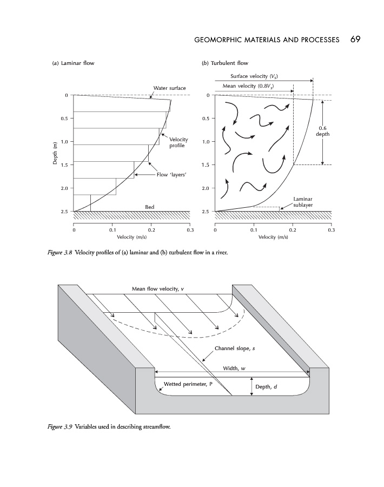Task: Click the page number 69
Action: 355,40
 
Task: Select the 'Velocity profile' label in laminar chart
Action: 178,143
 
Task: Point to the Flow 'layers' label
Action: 171,175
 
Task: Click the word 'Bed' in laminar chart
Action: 150,207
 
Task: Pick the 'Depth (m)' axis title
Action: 55,153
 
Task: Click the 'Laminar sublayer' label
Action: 303,202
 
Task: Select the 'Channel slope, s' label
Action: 235,348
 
